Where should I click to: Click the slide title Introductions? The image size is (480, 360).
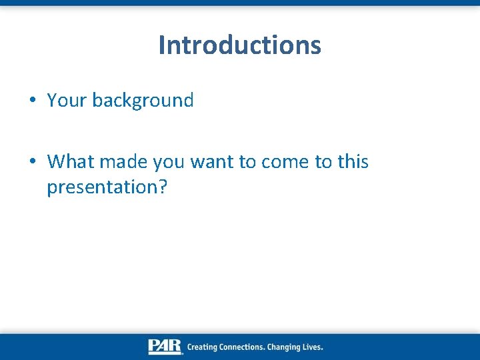pyautogui.click(x=240, y=45)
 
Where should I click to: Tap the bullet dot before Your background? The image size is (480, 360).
pyautogui.click(x=33, y=101)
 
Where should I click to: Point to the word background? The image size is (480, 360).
pyautogui.click(x=143, y=101)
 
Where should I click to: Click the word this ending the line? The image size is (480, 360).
pyautogui.click(x=353, y=162)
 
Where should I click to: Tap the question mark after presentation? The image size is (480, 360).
pyautogui.click(x=162, y=187)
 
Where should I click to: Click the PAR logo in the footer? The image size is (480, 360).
pyautogui.click(x=165, y=347)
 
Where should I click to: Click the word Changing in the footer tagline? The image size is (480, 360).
pyautogui.click(x=287, y=347)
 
